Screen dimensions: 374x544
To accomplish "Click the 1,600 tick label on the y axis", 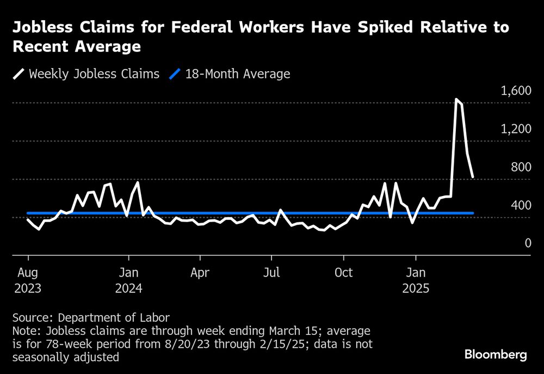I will (x=515, y=91).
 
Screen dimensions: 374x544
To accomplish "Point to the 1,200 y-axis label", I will (x=515, y=129).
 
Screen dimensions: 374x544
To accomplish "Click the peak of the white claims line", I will (x=456, y=99).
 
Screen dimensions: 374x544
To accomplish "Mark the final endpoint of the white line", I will (x=473, y=176).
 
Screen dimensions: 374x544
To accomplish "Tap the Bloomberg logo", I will (x=496, y=355).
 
